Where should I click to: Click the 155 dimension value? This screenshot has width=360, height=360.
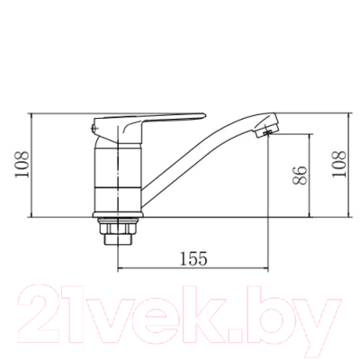pyautogui.click(x=193, y=258)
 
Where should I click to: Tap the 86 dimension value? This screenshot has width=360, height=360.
pyautogui.click(x=300, y=175)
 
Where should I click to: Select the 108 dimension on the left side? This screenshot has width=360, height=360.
pyautogui.click(x=22, y=165)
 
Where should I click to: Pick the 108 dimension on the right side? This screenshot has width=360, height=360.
pyautogui.click(x=339, y=165)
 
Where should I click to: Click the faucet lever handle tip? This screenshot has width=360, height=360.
pyautogui.click(x=204, y=115)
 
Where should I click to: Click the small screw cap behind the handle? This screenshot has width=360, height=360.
pyautogui.click(x=93, y=129)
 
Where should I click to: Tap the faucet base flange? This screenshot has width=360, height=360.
pyautogui.click(x=118, y=214)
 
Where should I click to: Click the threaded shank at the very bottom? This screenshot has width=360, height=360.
pyautogui.click(x=118, y=239)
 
